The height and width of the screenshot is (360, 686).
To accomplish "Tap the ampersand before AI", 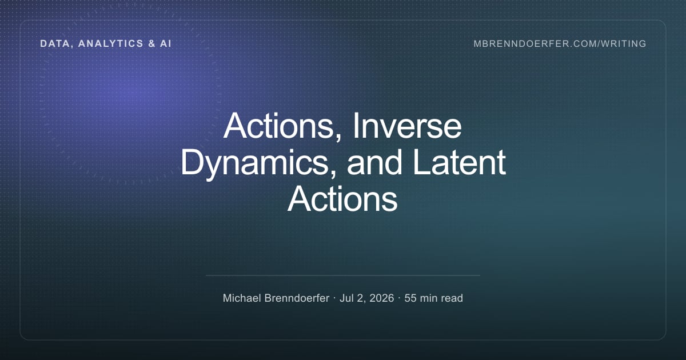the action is [x=152, y=43].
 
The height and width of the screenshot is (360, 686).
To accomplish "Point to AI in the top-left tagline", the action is [x=165, y=43].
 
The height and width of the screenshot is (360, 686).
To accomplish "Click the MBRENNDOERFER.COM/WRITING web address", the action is [x=560, y=44].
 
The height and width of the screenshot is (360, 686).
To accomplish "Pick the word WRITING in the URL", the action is [x=623, y=44].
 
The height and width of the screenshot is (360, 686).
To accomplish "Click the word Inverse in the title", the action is [x=407, y=126].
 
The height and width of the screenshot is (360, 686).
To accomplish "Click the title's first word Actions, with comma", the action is [x=282, y=126].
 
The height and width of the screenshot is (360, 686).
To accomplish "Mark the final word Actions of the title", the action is [x=342, y=199].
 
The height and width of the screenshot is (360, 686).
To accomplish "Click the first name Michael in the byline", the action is [x=242, y=298].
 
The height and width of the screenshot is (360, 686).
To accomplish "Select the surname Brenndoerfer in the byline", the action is [x=297, y=298].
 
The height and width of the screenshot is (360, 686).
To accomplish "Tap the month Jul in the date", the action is [x=346, y=298].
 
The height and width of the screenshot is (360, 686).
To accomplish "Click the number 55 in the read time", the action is [x=410, y=298].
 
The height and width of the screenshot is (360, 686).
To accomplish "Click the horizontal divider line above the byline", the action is [x=343, y=275].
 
